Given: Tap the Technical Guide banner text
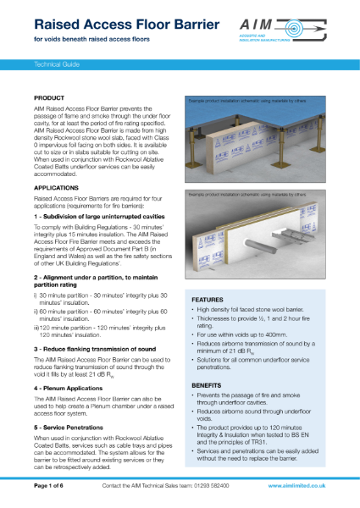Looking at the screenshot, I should [56, 63].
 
